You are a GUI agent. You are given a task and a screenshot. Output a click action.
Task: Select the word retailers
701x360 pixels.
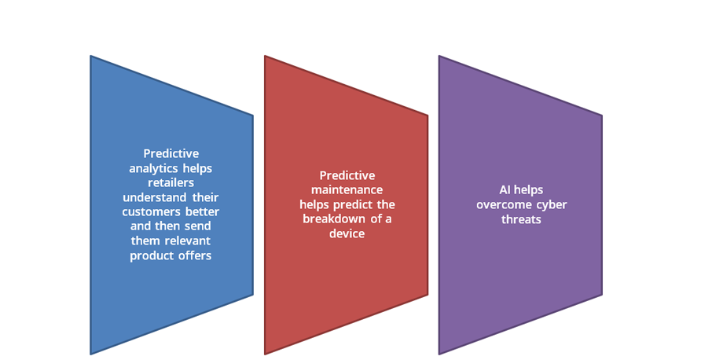[171, 183]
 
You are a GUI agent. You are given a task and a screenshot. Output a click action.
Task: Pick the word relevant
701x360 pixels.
[188, 241]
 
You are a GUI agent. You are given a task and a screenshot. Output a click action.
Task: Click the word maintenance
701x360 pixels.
[347, 189]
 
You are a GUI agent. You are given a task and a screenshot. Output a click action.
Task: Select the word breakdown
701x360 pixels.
[333, 219]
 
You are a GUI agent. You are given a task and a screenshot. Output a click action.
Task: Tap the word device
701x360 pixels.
[347, 233]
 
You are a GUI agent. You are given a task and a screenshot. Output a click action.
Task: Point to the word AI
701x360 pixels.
[505, 189]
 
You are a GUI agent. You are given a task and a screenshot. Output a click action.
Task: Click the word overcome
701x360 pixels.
[499, 205]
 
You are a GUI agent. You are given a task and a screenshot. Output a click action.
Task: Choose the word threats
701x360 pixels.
[521, 219]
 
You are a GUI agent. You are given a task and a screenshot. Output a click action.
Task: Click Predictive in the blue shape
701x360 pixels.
[171, 153]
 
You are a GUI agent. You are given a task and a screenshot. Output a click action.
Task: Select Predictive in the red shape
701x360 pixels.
[347, 175]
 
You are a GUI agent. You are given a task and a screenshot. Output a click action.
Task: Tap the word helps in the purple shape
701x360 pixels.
[528, 190]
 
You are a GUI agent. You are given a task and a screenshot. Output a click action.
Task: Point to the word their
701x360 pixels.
[206, 197]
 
